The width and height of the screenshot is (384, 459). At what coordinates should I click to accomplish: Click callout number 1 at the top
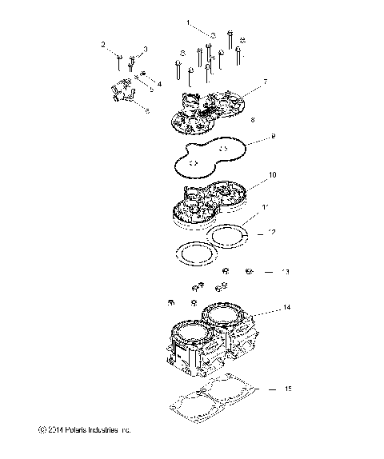point(189,24)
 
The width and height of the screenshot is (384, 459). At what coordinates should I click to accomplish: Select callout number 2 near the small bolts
point(104,44)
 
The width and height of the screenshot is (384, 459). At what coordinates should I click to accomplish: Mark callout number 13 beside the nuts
point(285,272)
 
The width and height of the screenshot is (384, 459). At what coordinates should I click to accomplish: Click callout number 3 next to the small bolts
point(145,50)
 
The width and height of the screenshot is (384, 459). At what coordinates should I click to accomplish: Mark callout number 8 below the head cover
point(253,119)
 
